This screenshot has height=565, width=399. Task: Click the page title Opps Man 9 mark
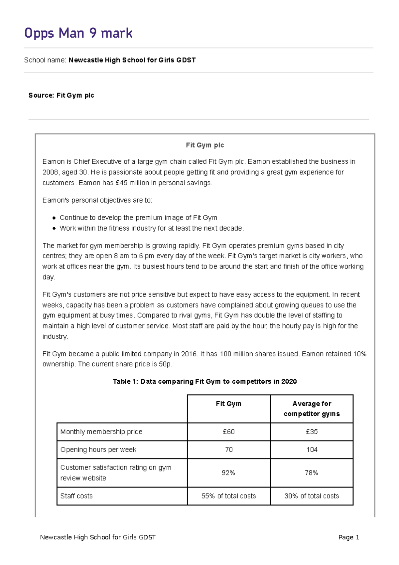(78, 33)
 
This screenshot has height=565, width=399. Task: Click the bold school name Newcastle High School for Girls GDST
(132, 60)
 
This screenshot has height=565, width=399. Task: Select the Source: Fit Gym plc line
(61, 95)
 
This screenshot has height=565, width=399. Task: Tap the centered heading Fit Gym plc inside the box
(205, 145)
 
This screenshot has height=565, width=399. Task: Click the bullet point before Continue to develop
(54, 218)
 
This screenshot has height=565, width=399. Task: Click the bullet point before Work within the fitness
(54, 229)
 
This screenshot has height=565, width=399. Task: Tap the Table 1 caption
(205, 382)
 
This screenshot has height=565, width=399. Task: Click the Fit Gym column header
(229, 404)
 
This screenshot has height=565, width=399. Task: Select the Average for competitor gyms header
(312, 409)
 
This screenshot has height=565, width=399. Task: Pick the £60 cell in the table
(229, 432)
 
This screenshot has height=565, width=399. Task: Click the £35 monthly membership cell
(312, 432)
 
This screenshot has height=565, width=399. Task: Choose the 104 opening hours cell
(312, 450)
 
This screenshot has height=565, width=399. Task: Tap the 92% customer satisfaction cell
(228, 473)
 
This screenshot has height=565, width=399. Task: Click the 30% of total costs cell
(312, 496)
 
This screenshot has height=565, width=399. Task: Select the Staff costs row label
(76, 496)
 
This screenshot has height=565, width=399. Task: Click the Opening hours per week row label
(98, 450)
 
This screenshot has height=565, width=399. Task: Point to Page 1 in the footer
(348, 537)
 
